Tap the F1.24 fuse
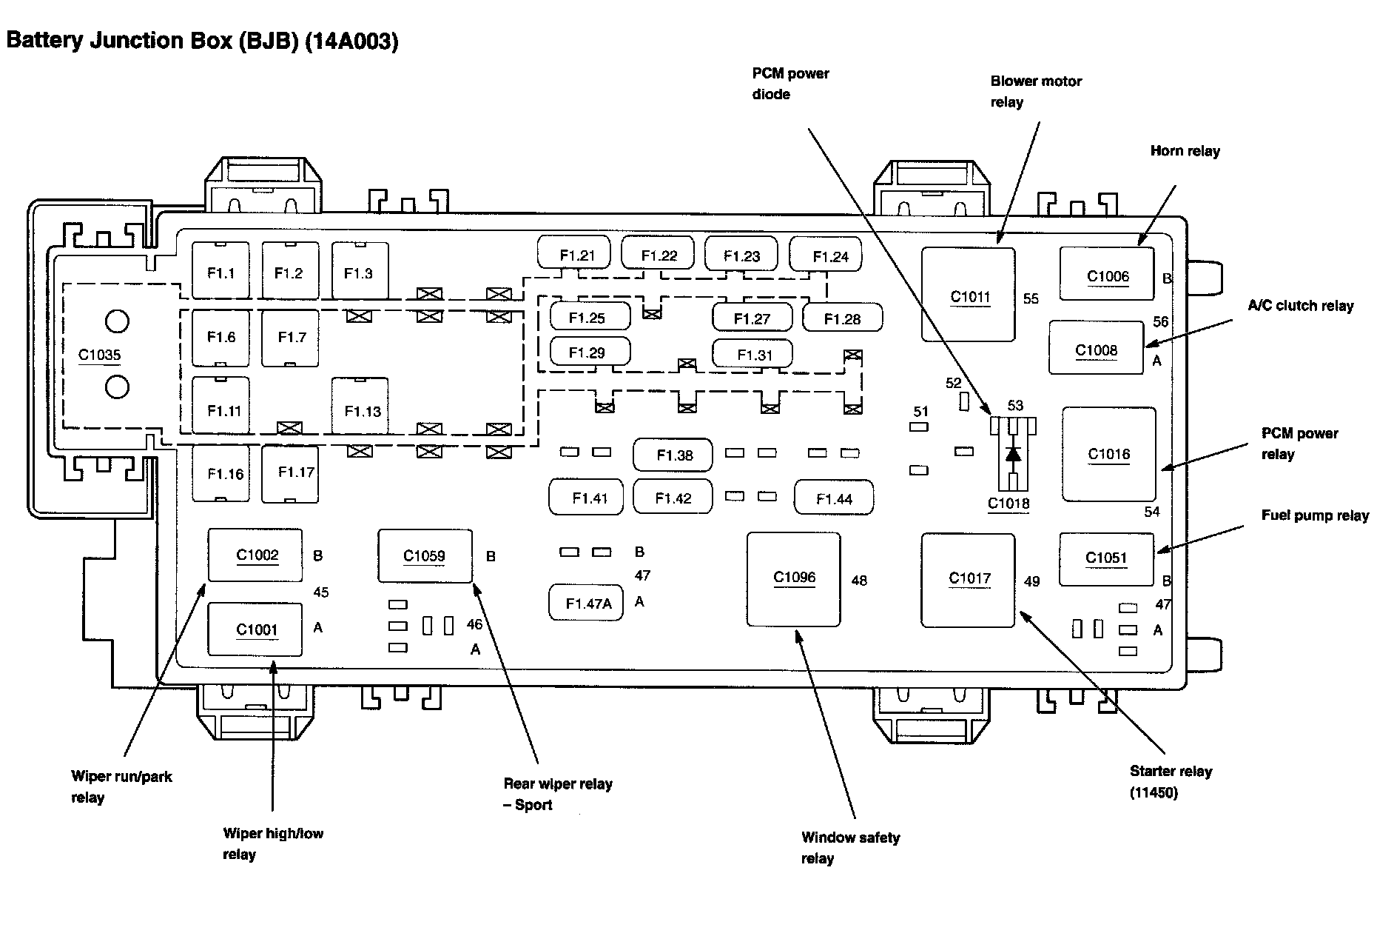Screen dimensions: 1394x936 point(826,255)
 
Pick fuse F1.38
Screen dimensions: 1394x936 point(673,455)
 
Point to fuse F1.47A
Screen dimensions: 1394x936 point(586,603)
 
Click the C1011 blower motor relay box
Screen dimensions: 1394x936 point(968,295)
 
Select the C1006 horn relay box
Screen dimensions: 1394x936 point(1107,273)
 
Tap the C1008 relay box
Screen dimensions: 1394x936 point(1096,347)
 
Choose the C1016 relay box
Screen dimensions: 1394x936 point(1108,454)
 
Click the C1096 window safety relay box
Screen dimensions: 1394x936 point(794,579)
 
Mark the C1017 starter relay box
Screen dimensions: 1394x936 point(968,580)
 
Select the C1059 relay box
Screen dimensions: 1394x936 point(425,556)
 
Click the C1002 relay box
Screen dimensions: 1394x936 point(255,555)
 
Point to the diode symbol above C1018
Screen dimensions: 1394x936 point(1013,453)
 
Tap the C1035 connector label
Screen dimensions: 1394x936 point(100,355)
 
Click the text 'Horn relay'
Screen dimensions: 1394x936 point(1185,151)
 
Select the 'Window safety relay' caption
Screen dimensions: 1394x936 point(850,848)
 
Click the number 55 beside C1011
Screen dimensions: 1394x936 point(1031,298)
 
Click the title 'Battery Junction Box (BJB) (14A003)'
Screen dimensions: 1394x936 point(202,41)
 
